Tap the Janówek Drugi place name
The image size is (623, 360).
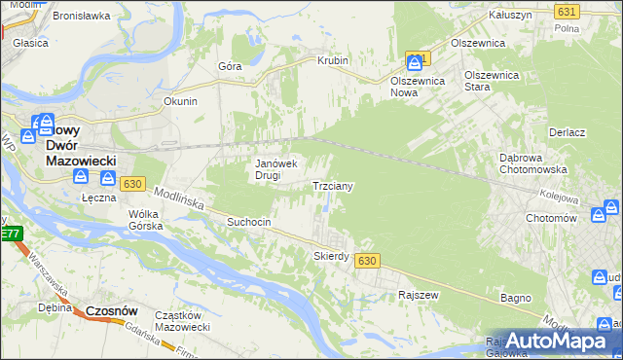(275, 169)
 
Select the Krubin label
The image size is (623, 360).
(332, 60)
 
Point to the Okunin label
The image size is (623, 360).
(180, 101)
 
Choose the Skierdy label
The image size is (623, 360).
(331, 256)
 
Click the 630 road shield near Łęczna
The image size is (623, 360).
(133, 183)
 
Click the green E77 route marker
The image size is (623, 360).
(11, 234)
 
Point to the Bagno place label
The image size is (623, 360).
(515, 297)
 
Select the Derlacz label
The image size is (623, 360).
(566, 132)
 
